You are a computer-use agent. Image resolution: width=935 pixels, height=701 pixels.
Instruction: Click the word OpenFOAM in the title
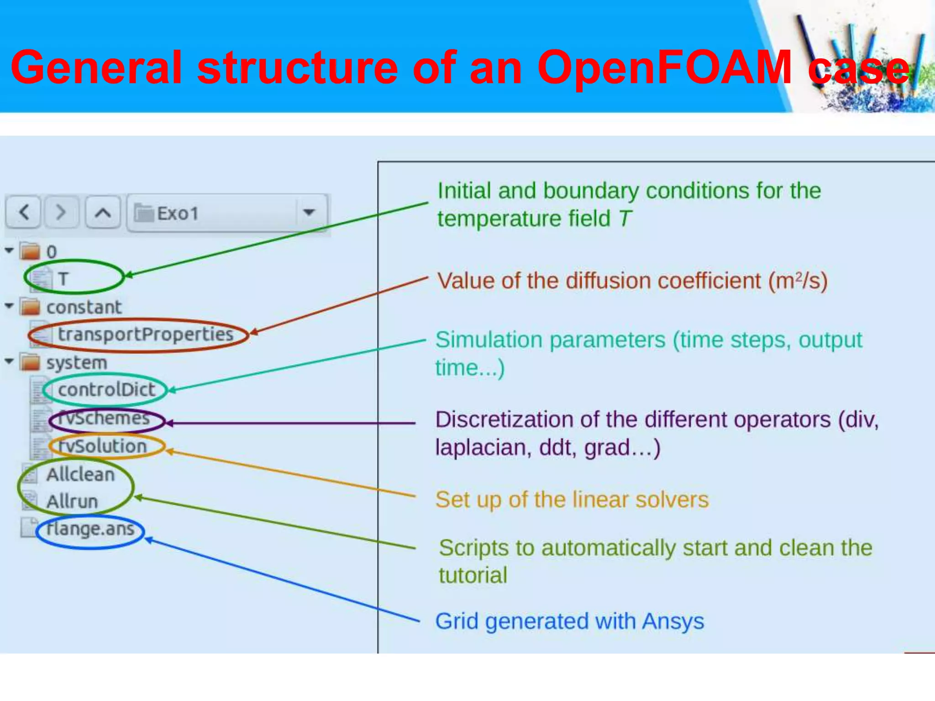[664, 68]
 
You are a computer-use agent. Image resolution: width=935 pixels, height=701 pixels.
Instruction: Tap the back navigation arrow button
[24, 212]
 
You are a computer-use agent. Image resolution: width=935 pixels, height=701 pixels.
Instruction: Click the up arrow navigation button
[103, 212]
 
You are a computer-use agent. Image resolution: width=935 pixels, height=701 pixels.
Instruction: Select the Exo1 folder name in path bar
[177, 214]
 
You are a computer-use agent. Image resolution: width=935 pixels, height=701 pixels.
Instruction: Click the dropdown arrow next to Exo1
[309, 212]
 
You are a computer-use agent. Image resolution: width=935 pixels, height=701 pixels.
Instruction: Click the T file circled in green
[63, 278]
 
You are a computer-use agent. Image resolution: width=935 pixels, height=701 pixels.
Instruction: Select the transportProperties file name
[145, 335]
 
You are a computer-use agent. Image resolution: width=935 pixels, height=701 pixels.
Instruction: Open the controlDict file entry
[106, 390]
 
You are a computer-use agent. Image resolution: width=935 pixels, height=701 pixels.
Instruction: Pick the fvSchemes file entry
[105, 418]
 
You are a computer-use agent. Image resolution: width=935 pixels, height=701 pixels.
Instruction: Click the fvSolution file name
[103, 446]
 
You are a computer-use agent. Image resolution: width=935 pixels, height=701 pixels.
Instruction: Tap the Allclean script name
[80, 475]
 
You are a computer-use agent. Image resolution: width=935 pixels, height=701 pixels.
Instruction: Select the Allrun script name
[72, 502]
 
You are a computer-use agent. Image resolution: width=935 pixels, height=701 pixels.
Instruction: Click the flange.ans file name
[90, 529]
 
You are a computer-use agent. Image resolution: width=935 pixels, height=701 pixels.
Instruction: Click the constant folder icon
[31, 307]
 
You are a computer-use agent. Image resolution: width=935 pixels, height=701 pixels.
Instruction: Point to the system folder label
[77, 363]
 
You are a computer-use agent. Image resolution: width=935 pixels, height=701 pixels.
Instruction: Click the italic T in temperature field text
[625, 219]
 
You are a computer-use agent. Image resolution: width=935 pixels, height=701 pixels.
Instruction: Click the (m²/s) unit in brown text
[798, 281]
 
